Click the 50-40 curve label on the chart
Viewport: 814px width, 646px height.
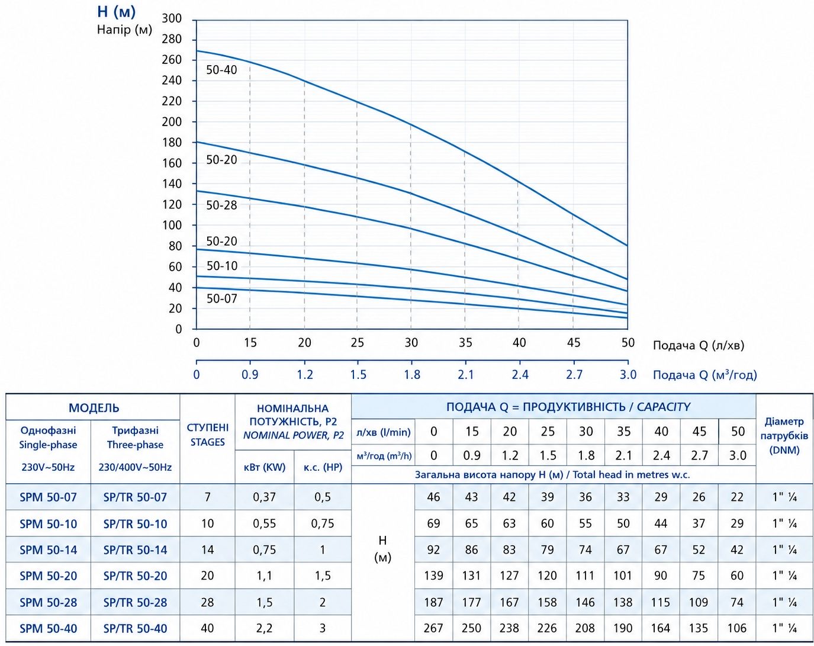[221, 70]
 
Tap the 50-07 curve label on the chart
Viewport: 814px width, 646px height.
[221, 299]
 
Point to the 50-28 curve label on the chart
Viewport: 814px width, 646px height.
[221, 205]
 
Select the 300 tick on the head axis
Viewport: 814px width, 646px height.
[172, 18]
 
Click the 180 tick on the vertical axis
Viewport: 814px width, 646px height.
[172, 143]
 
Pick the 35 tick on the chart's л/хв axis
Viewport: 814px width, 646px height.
[465, 342]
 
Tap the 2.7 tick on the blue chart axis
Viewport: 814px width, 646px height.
[574, 375]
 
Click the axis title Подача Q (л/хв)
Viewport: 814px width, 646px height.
[698, 345]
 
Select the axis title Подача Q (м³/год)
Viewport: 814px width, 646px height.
[704, 375]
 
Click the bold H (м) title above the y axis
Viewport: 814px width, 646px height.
[117, 12]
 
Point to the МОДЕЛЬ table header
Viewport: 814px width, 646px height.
[94, 408]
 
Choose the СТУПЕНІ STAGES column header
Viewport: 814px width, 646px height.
[208, 435]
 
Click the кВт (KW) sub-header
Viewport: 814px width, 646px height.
[265, 467]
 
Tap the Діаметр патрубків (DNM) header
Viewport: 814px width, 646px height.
[784, 436]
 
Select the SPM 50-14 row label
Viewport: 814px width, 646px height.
[48, 550]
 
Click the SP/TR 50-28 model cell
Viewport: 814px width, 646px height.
[135, 602]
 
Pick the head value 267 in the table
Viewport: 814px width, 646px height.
[433, 629]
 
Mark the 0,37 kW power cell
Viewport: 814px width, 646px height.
[265, 497]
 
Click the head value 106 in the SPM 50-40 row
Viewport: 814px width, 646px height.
[736, 629]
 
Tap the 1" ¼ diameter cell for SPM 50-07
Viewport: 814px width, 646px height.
[784, 497]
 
